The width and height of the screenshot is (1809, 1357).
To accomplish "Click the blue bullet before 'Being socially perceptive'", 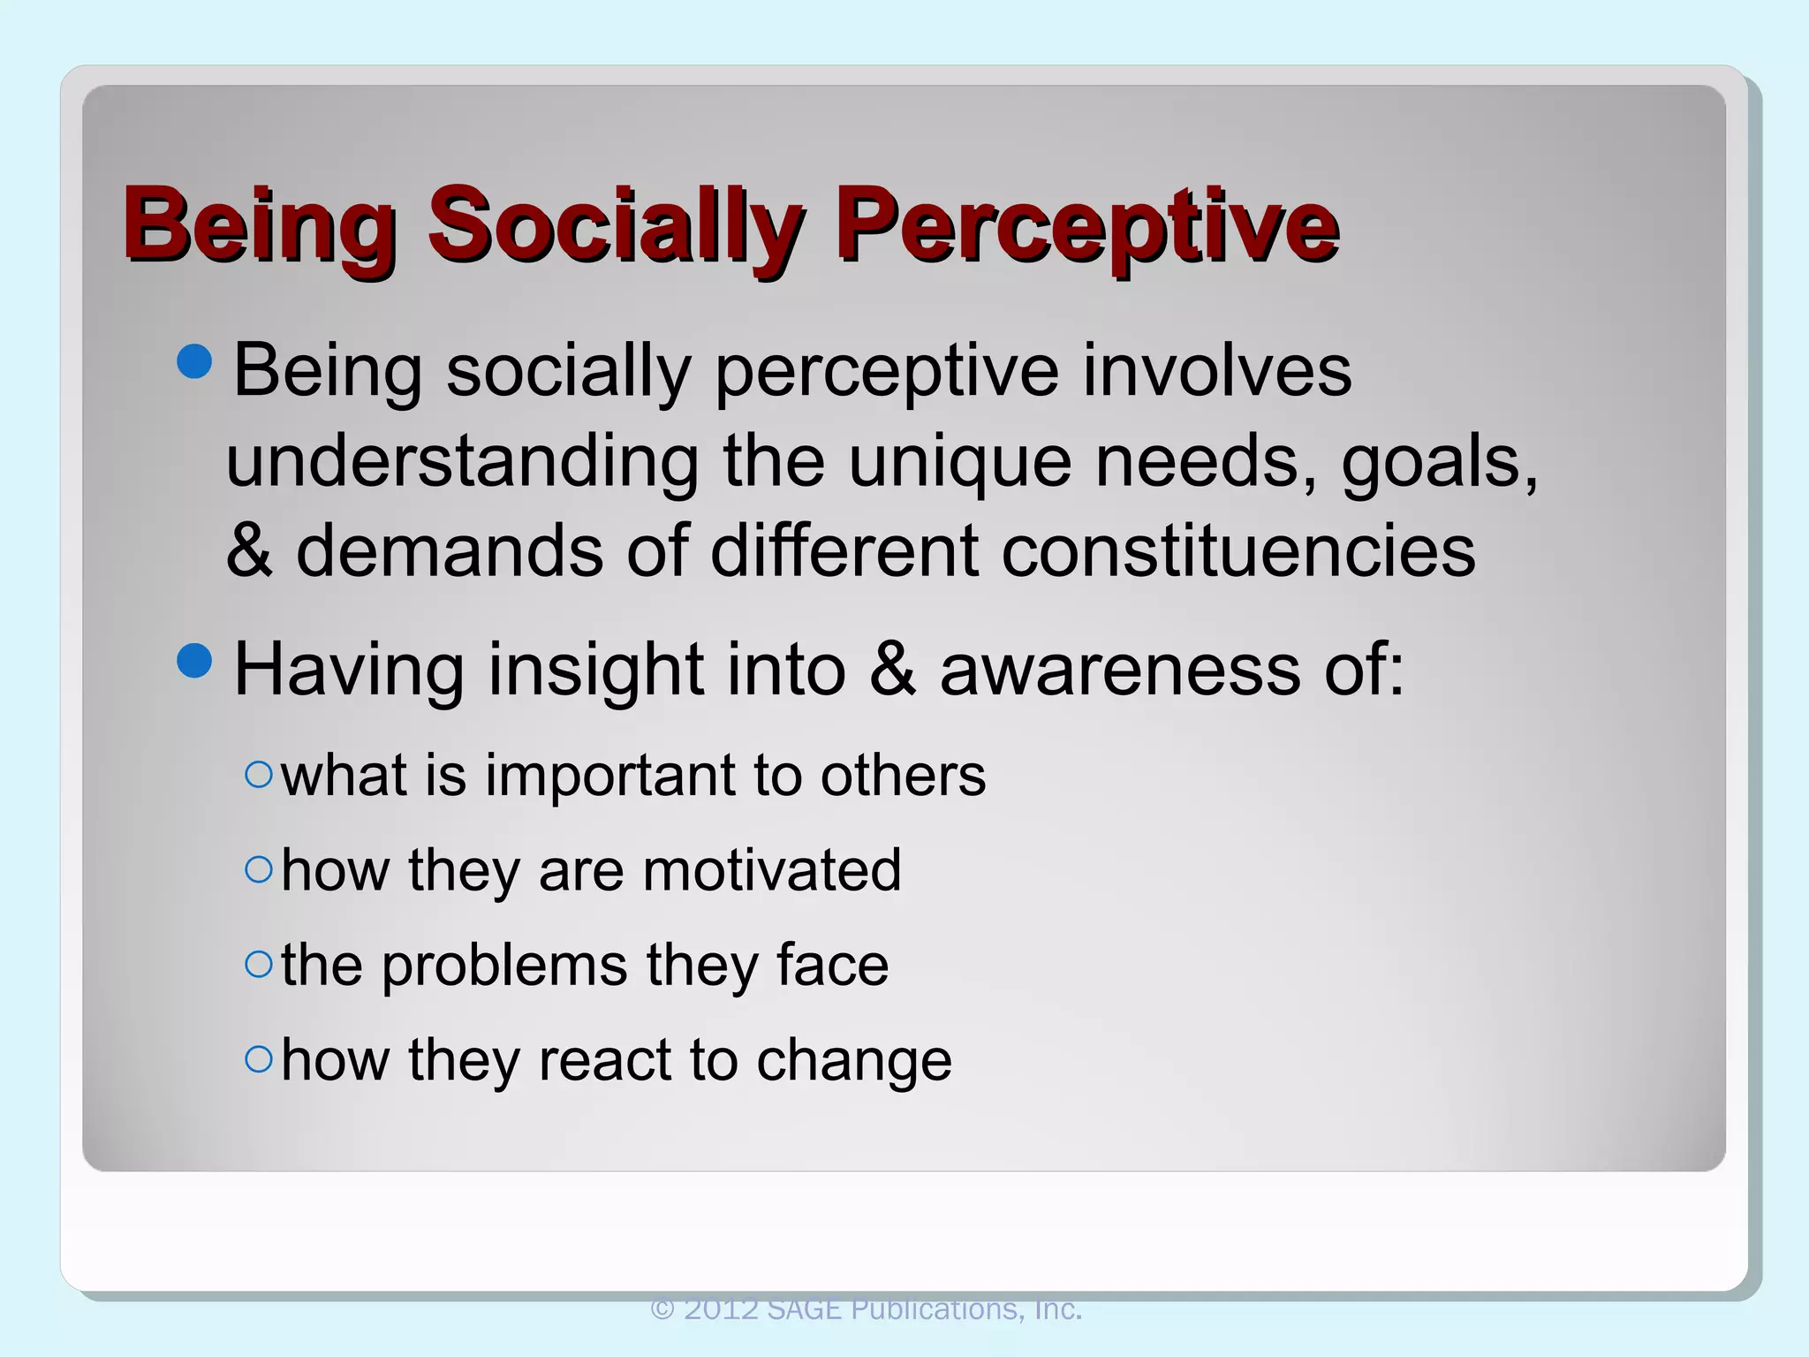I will point(194,360).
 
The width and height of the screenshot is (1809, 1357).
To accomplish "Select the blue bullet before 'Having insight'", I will point(194,660).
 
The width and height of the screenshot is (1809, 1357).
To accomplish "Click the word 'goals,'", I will point(1440,463).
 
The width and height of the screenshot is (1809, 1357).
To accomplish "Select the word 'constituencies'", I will point(1238,551).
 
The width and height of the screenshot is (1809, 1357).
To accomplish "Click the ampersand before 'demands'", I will point(248,551).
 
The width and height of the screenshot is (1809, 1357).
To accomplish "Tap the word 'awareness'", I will point(1119,670).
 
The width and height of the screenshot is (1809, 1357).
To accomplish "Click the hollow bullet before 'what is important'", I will point(259,775).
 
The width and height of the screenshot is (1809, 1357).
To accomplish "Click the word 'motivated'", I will point(771,870).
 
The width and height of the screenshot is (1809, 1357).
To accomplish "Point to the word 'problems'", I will point(504,966).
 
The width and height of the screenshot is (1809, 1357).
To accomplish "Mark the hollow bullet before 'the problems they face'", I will point(259,964).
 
